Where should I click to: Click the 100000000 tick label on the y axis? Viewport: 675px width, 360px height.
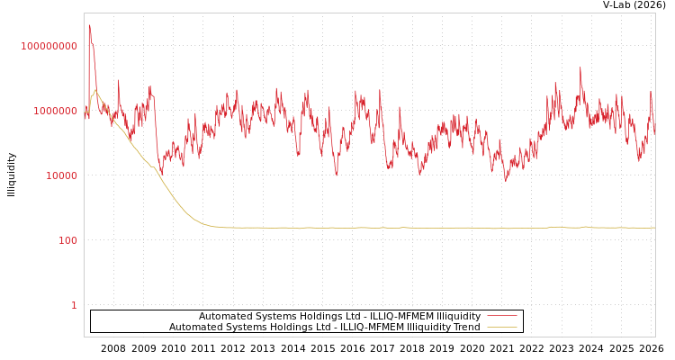pyautogui.click(x=49, y=46)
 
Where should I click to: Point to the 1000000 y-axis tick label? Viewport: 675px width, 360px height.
pyautogui.click(x=55, y=111)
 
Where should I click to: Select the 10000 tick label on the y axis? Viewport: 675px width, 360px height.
pyautogui.click(x=61, y=175)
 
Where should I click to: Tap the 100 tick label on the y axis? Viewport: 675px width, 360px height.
pyautogui.click(x=67, y=240)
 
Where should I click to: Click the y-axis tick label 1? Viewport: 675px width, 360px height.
pyautogui.click(x=74, y=305)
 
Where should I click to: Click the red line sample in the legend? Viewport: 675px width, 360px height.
pyautogui.click(x=501, y=316)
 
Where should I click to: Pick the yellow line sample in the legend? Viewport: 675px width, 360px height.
pyautogui.click(x=501, y=327)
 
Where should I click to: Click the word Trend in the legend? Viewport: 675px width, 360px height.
pyautogui.click(x=465, y=327)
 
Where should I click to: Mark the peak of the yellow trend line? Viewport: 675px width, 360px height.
pyautogui.click(x=95, y=90)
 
